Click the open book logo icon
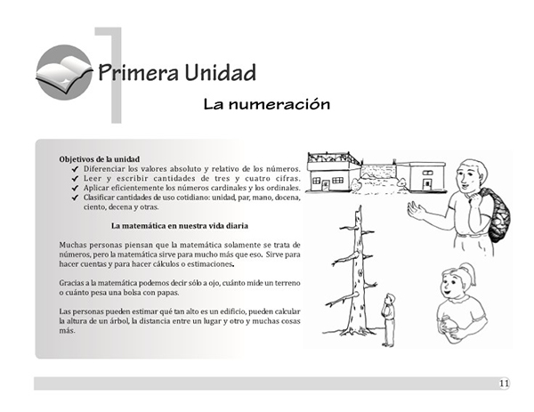pyautogui.click(x=64, y=72)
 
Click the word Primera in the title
pyautogui.click(x=139, y=73)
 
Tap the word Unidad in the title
pyautogui.click(x=221, y=73)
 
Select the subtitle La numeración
pyautogui.click(x=267, y=104)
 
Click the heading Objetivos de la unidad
pyautogui.click(x=100, y=159)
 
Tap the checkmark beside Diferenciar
pyautogui.click(x=76, y=169)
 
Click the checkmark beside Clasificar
pyautogui.click(x=76, y=198)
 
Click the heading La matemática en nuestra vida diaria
pyautogui.click(x=180, y=226)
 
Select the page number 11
pyautogui.click(x=505, y=384)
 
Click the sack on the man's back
pyautogui.click(x=498, y=214)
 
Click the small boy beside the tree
pyautogui.click(x=389, y=319)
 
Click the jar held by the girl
pyautogui.click(x=447, y=328)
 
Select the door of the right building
pyautogui.click(x=426, y=184)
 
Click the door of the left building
pyautogui.click(x=325, y=186)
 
